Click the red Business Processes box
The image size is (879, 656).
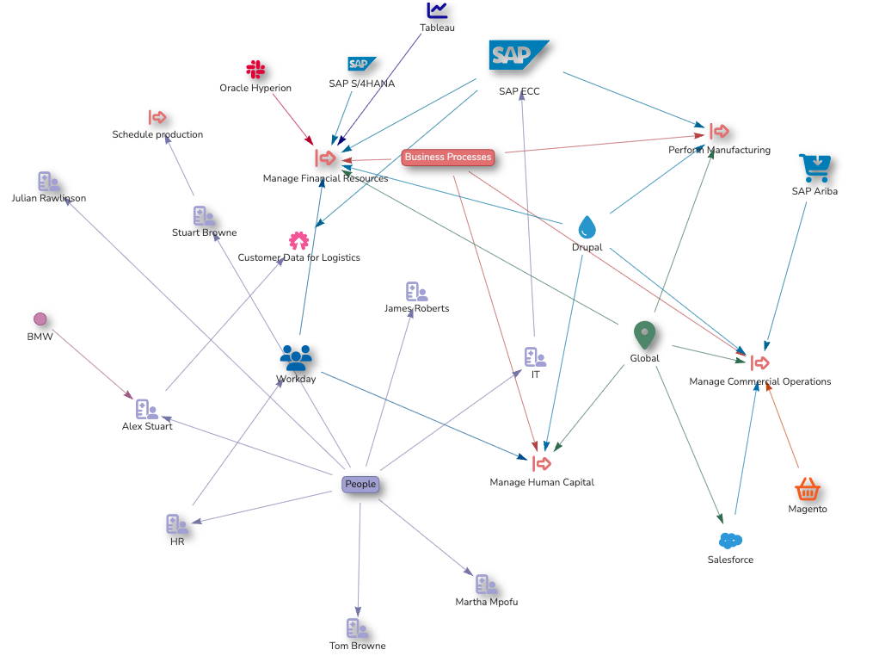pyautogui.click(x=448, y=157)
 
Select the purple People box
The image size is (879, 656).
pyautogui.click(x=360, y=484)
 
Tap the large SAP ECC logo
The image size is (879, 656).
pyautogui.click(x=518, y=55)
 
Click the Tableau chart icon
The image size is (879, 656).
pyautogui.click(x=438, y=9)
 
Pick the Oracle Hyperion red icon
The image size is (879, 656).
pyautogui.click(x=255, y=70)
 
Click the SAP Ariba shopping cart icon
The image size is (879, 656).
pyautogui.click(x=814, y=166)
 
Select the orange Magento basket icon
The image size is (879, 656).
pyautogui.click(x=807, y=489)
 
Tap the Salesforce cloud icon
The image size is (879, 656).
pyautogui.click(x=730, y=541)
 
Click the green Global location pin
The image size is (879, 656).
pyautogui.click(x=644, y=335)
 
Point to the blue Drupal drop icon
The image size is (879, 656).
pyautogui.click(x=587, y=226)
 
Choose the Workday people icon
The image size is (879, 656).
pyautogui.click(x=296, y=356)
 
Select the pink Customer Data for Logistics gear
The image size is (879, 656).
pyautogui.click(x=298, y=240)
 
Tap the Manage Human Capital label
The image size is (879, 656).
pyautogui.click(x=542, y=482)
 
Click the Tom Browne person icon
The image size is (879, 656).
pyautogui.click(x=357, y=628)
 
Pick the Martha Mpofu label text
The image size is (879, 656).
pyautogui.click(x=487, y=602)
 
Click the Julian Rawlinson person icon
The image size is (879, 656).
pyautogui.click(x=48, y=181)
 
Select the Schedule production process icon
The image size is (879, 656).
pyautogui.click(x=157, y=118)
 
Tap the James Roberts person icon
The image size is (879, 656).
pyautogui.click(x=416, y=292)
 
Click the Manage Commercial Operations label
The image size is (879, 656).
pyautogui.click(x=760, y=381)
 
